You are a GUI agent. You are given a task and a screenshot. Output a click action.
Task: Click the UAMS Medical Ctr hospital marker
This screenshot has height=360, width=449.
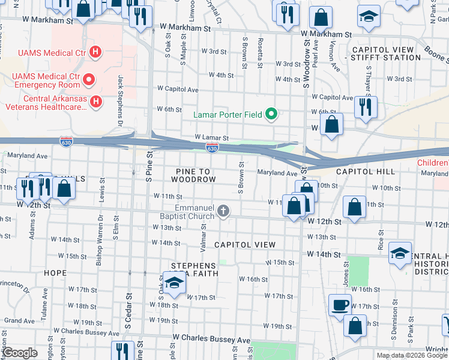coord(94,52)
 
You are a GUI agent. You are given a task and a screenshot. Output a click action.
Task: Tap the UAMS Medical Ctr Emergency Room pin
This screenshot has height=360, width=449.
coord(89,79)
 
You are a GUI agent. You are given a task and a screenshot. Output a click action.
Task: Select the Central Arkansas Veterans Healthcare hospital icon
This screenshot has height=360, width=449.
coord(95,103)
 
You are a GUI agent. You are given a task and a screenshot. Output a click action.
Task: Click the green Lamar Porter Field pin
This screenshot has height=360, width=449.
coord(271,113)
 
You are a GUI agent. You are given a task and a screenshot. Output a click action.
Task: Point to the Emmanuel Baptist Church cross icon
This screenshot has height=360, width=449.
coord(223,211)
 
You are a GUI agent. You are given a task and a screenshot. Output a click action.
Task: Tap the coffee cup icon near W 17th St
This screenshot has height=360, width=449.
coord(340,304)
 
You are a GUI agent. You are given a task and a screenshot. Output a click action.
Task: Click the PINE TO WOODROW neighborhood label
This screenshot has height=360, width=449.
coord(193,175)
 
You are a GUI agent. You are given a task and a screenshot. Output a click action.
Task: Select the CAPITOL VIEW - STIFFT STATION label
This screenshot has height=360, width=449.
coord(386,53)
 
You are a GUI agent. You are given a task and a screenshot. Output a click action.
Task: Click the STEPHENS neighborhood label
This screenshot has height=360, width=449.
coord(193,265)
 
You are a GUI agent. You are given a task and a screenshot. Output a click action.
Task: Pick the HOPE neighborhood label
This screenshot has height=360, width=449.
coord(55,272)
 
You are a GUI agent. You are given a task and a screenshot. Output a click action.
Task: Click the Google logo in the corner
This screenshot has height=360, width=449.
coord(20,353)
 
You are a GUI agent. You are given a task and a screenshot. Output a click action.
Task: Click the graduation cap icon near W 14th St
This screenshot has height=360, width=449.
coord(400,254)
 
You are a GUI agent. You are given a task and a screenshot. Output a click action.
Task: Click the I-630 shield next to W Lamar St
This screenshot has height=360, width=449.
coord(212,147)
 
